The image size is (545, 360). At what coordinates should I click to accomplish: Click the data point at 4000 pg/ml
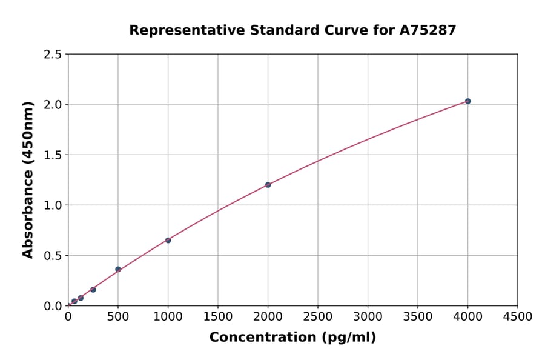click(467, 101)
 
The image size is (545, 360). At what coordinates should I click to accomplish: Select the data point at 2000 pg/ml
click(268, 185)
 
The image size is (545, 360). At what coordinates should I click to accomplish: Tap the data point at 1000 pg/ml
click(168, 241)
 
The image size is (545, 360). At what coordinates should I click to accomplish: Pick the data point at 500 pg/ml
click(118, 269)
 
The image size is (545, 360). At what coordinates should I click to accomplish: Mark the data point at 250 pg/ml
click(93, 290)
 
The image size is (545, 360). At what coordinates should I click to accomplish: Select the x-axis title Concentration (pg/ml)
click(292, 338)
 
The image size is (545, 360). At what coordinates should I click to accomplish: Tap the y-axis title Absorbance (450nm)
click(28, 180)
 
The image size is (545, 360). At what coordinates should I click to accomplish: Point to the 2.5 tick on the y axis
click(53, 55)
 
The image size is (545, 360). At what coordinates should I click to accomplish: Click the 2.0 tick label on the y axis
click(53, 105)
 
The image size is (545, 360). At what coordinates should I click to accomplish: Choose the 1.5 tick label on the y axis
click(53, 155)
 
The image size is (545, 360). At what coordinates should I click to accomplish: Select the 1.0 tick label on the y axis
click(53, 205)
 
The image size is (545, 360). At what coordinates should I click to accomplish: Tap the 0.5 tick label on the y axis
click(53, 256)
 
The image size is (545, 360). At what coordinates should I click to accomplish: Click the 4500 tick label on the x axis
click(518, 317)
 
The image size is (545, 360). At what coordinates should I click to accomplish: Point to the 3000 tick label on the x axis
click(368, 317)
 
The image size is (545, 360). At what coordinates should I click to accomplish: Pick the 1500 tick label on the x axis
click(218, 317)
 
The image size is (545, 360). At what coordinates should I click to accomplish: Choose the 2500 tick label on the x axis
click(318, 317)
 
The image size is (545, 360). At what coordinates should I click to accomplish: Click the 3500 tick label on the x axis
click(418, 317)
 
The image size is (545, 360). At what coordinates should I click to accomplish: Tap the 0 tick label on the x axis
click(68, 317)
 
